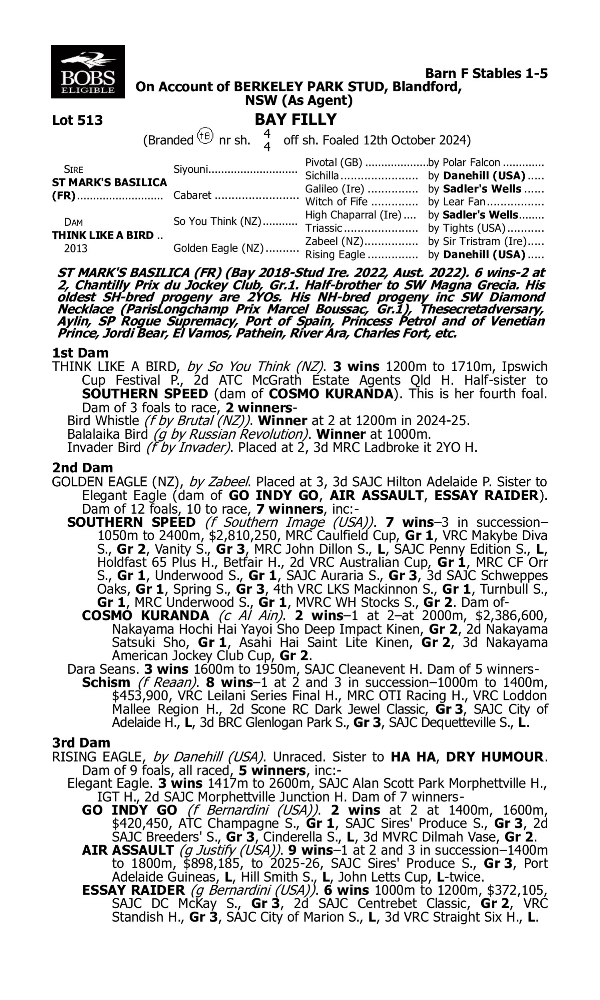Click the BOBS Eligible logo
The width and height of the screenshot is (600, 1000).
[x=88, y=72]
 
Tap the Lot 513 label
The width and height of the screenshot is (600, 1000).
[x=77, y=120]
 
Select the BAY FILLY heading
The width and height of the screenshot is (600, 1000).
[x=296, y=120]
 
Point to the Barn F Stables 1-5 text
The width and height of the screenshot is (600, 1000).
[x=486, y=74]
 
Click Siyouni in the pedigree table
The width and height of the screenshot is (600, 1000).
[x=190, y=169]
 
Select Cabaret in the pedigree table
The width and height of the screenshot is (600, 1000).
[x=192, y=195]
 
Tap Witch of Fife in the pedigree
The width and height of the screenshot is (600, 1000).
[x=336, y=202]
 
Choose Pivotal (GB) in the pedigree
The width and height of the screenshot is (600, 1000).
[x=334, y=162]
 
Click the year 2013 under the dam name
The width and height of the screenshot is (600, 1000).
[x=76, y=248]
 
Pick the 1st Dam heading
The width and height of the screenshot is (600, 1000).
[x=80, y=353]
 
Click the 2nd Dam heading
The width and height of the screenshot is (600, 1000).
[x=82, y=468]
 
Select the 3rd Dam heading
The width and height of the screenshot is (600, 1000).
[x=81, y=742]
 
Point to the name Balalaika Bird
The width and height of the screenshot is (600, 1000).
[x=107, y=434]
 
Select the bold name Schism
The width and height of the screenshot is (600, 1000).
[x=106, y=683]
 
